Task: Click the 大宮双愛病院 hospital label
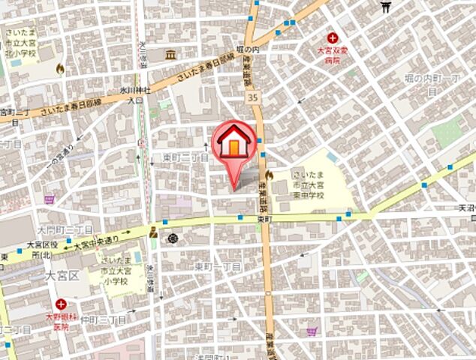[333, 55]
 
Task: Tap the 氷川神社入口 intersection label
[135, 94]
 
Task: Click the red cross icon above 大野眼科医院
[61, 305]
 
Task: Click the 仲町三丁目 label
[104, 320]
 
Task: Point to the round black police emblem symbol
[173, 238]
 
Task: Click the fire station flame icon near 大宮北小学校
[60, 69]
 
